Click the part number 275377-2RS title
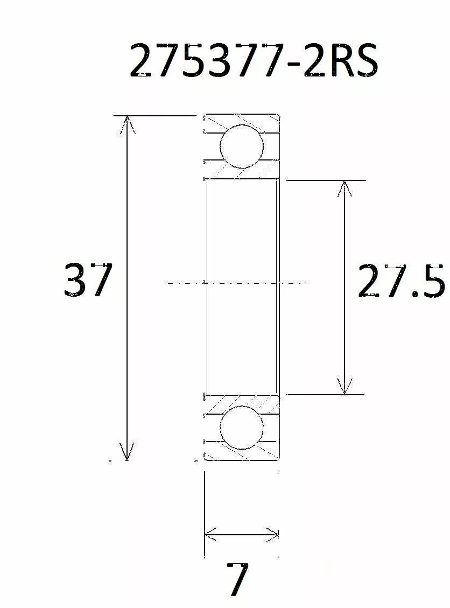click(254, 60)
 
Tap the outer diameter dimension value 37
click(88, 280)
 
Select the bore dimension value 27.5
click(401, 281)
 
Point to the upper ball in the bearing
click(242, 146)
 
